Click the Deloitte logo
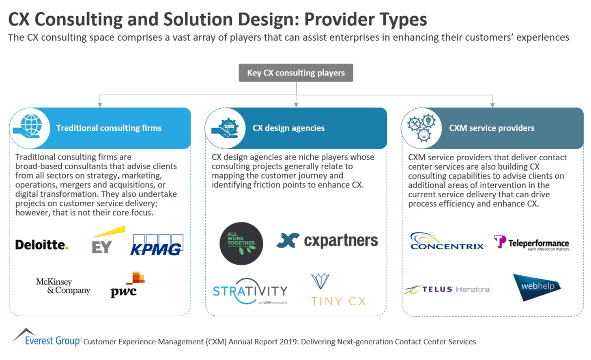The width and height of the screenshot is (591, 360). pos(41,245)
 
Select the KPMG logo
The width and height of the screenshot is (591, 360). pos(157,245)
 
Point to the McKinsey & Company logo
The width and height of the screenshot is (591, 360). pos(63,286)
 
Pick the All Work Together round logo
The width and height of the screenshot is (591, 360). pos(241,244)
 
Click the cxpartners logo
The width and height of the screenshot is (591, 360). pos(327,241)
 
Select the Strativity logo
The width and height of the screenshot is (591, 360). pos(250,291)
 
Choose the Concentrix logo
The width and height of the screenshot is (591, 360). pos(447,241)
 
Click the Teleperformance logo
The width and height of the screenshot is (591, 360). pos(531,243)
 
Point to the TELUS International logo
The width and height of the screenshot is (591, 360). pos(447,289)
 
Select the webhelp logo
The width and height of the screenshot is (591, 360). pos(537,287)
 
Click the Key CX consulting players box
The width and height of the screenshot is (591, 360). pos(296,73)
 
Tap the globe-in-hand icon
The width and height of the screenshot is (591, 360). pos(30,128)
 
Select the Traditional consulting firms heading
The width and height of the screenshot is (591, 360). pos(109,128)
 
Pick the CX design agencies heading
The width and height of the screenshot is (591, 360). pos(288,128)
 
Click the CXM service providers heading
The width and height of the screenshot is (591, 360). pos(491,128)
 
